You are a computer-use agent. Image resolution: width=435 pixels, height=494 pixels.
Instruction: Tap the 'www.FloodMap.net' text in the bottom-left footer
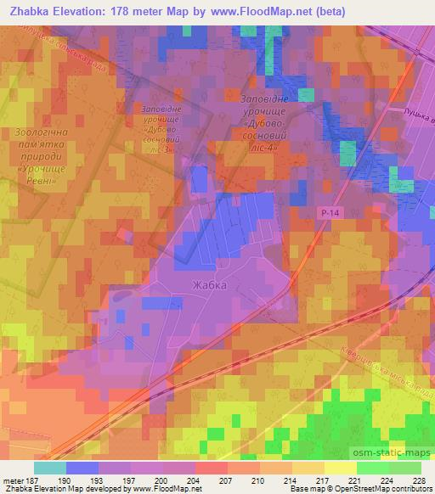click(x=153, y=489)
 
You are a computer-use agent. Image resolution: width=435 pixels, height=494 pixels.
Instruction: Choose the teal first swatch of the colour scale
click(x=49, y=468)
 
